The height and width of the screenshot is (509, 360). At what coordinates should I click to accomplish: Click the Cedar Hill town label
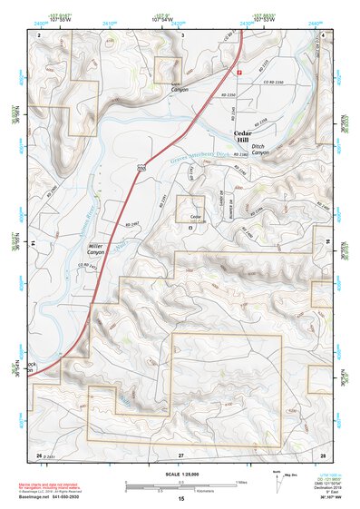(x=248, y=135)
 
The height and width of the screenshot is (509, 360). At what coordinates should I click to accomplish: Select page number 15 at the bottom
(x=180, y=498)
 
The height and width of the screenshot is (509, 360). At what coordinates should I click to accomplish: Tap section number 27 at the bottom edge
(x=180, y=453)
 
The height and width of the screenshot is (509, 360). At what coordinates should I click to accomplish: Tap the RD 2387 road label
(x=130, y=221)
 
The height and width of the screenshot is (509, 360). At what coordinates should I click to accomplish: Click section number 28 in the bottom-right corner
(x=322, y=453)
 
